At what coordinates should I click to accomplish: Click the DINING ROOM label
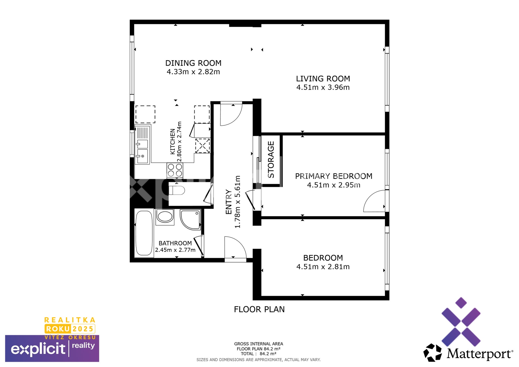coord(193,63)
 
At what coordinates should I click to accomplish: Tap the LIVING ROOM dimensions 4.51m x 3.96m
coord(323,87)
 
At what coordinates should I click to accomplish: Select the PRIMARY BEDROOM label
coord(334,176)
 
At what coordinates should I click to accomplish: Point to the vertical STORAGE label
coord(271,159)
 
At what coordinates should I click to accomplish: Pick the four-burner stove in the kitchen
coord(175,170)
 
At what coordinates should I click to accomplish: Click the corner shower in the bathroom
coord(191,219)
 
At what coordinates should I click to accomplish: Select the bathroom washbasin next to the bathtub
coord(165,217)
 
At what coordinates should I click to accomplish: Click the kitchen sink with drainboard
coord(142,145)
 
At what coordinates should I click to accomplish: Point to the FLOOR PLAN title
coord(259,309)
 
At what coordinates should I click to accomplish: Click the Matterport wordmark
coord(480,354)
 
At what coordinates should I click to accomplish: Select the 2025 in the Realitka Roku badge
coord(83,329)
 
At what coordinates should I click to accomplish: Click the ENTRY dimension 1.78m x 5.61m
coord(237,202)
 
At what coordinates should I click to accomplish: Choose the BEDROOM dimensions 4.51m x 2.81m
coord(323,267)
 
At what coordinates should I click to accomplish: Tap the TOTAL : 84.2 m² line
coord(258,354)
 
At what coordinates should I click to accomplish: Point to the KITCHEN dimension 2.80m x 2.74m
coord(179,142)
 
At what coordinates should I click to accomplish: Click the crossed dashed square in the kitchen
coord(202,146)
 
